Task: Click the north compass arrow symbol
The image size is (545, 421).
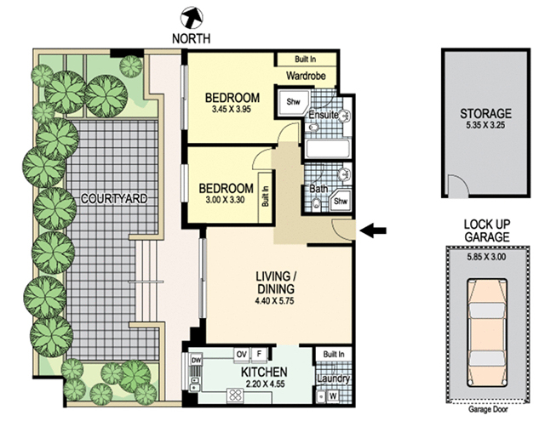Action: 192,18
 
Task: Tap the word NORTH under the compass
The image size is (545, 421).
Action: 191,38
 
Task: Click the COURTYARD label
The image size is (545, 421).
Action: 114,198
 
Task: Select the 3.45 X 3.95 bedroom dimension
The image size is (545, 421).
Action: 232,110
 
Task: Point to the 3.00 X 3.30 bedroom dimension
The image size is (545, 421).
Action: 225,200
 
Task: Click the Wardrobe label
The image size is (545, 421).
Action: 306,76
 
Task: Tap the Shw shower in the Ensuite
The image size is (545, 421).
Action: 293,103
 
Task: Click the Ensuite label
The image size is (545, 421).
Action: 324,114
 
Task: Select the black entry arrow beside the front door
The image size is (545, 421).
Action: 373,230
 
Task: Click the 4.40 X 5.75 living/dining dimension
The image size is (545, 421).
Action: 274,301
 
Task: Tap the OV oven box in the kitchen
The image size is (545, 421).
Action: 241,355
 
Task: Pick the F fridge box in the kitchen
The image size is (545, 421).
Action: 259,355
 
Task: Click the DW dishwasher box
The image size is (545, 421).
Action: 197,361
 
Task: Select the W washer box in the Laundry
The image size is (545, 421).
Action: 333,395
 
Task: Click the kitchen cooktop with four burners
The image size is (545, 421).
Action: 237,395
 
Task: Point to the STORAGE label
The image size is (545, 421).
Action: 485,114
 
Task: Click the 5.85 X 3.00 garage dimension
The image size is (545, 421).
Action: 486,257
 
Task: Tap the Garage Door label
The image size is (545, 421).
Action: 488,410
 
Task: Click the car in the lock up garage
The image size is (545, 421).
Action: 486,333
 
